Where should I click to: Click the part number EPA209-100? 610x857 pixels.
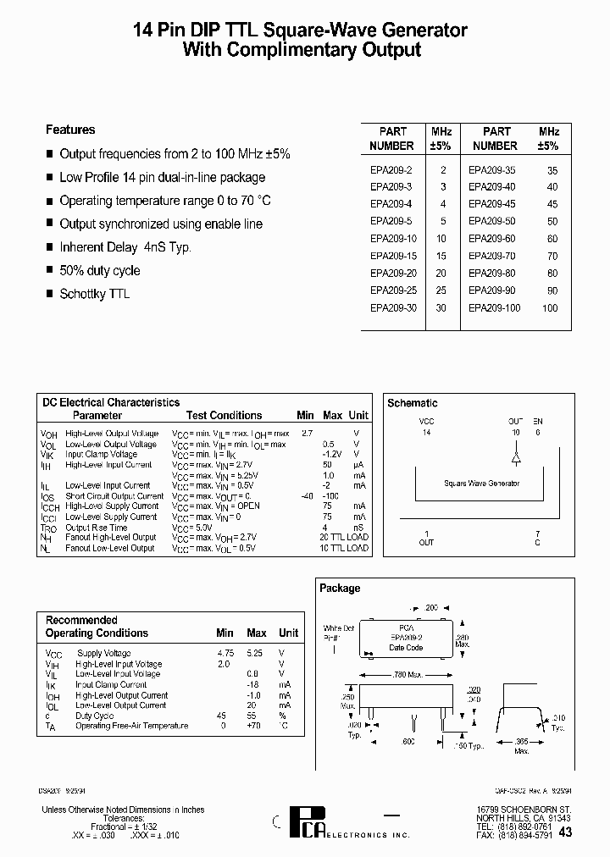coord(494,308)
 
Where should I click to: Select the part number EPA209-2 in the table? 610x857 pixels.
coord(391,169)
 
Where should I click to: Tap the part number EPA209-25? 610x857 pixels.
coord(393,290)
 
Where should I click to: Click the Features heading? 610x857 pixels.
coord(70,130)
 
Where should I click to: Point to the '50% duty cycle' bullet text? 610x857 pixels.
coord(100,271)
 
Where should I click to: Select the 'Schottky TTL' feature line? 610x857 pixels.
coord(95,294)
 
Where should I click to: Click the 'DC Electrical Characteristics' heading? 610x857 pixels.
coord(111,403)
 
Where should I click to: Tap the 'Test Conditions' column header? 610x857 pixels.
coord(224,415)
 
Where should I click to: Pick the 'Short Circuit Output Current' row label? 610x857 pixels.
coord(114,496)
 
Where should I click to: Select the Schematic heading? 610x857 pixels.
coord(412,403)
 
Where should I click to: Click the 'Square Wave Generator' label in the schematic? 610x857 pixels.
coord(481,484)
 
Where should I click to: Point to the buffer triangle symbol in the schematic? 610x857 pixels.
coord(516,457)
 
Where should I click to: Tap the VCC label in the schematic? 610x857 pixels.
coord(426,421)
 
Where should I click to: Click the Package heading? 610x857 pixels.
coord(339,588)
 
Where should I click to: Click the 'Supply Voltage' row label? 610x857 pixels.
coord(103,653)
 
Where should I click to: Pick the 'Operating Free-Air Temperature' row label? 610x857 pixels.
coord(131,726)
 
